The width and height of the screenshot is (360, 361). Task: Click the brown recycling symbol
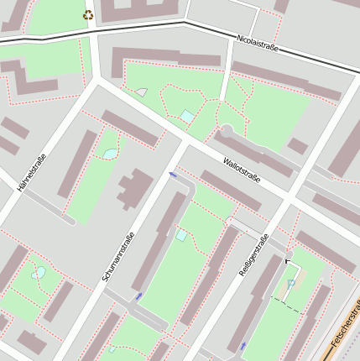pyautogui.click(x=88, y=14)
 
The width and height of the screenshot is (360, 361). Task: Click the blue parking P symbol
pyautogui.click(x=290, y=284)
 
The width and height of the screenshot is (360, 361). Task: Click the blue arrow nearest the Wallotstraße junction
pyautogui.click(x=173, y=175)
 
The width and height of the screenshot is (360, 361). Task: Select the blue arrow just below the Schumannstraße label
pyautogui.click(x=138, y=296)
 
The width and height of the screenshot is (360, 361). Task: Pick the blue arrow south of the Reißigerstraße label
pyautogui.click(x=243, y=345)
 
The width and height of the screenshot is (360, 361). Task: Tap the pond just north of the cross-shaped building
pyautogui.click(x=110, y=154)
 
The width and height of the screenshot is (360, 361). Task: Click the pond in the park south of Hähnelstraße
pyautogui.click(x=39, y=273)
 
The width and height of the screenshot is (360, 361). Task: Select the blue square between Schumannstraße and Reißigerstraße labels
pyautogui.click(x=181, y=235)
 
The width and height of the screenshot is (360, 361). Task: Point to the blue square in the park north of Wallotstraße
pyautogui.click(x=187, y=116)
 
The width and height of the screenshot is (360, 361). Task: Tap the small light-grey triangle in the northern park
pyautogui.click(x=142, y=92)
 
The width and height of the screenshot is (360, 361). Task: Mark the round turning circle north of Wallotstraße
pyautogui.click(x=225, y=133)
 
